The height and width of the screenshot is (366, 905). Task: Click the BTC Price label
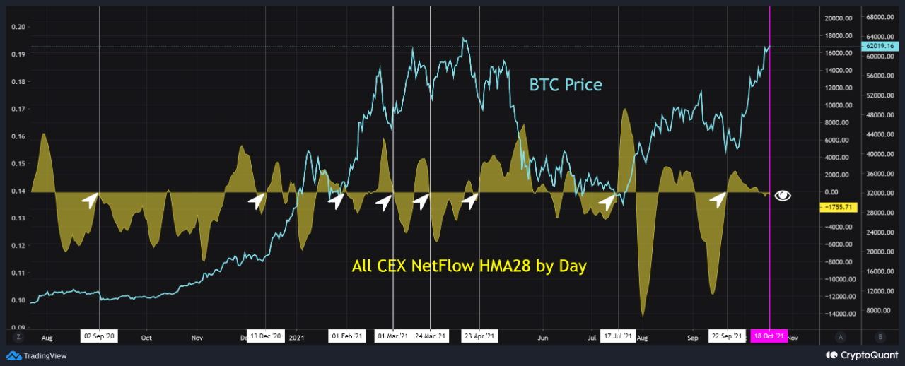(x=566, y=85)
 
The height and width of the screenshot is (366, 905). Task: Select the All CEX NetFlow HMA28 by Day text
(x=469, y=266)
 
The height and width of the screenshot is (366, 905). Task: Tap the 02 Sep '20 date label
(x=99, y=337)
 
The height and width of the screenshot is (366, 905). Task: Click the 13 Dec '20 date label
(x=265, y=337)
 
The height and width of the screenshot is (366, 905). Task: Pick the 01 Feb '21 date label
(x=347, y=337)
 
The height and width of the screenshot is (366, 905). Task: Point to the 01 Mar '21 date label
(x=392, y=337)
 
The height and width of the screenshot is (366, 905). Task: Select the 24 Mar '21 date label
(x=431, y=337)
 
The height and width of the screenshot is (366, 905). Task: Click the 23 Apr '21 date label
(x=479, y=337)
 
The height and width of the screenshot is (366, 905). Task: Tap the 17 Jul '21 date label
(x=619, y=337)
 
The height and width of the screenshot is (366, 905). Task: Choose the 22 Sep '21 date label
(x=728, y=337)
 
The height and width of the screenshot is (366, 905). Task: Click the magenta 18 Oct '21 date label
(x=769, y=337)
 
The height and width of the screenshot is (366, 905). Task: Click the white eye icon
(x=783, y=196)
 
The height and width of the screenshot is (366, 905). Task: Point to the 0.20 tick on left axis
(x=19, y=27)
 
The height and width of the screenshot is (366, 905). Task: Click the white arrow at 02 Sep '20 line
(x=89, y=201)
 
